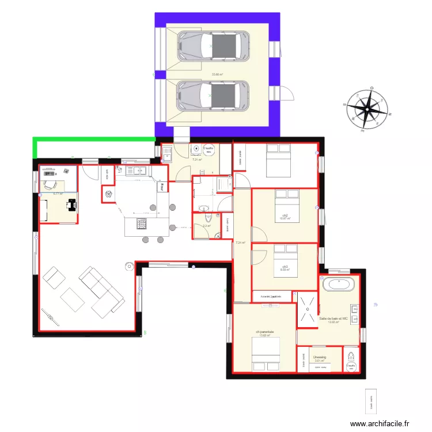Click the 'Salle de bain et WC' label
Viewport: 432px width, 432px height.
click(334, 319)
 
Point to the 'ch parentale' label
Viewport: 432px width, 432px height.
click(265, 332)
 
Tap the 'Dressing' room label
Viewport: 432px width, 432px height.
click(320, 357)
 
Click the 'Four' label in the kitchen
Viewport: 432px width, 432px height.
click(163, 186)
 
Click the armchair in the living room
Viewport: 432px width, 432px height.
click(54, 278)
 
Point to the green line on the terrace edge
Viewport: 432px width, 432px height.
click(92, 139)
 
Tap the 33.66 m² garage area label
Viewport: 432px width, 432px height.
click(217, 74)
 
